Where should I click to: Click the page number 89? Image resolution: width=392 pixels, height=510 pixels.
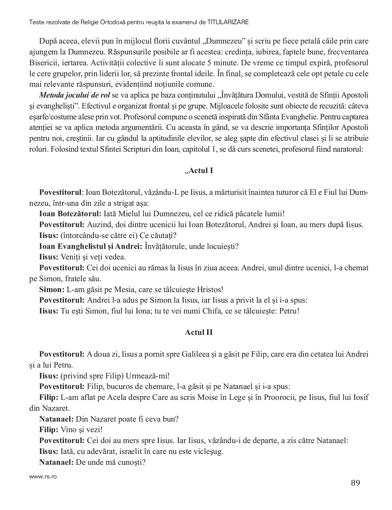pyautogui.click(x=355, y=483)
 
